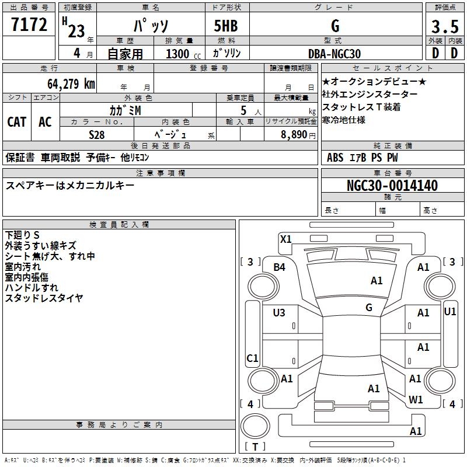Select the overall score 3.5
tap(444, 26)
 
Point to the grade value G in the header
tap(334, 26)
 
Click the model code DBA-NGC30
tap(334, 54)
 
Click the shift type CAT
tap(17, 122)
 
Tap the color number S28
tap(97, 135)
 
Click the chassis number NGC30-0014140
tap(392, 186)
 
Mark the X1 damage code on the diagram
tap(285, 239)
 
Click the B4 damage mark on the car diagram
tap(280, 267)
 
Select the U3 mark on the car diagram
tap(279, 313)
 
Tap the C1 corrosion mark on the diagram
tap(252, 358)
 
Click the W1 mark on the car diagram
tap(416, 400)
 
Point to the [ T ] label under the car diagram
tap(255, 447)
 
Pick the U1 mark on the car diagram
tap(450, 312)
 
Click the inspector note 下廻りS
tap(23, 235)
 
